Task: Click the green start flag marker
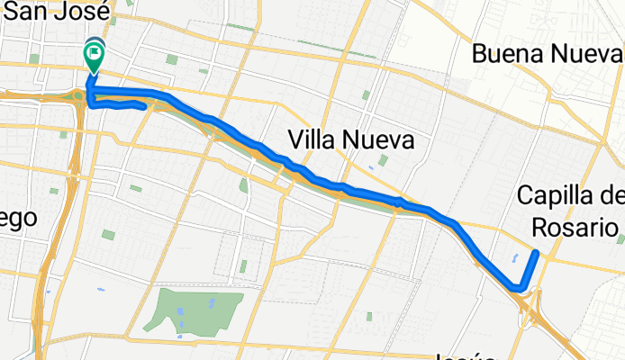pyautogui.click(x=95, y=55)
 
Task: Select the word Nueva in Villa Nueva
pyautogui.click(x=380, y=140)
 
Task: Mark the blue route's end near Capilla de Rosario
pyautogui.click(x=536, y=253)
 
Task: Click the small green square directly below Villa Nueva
pyautogui.click(x=383, y=161)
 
